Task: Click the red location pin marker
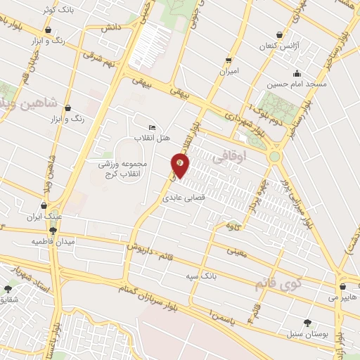click(x=181, y=166)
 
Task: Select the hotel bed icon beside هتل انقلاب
click(x=153, y=127)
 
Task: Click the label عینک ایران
click(x=45, y=217)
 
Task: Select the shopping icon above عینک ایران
click(x=45, y=206)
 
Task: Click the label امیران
click(x=229, y=72)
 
